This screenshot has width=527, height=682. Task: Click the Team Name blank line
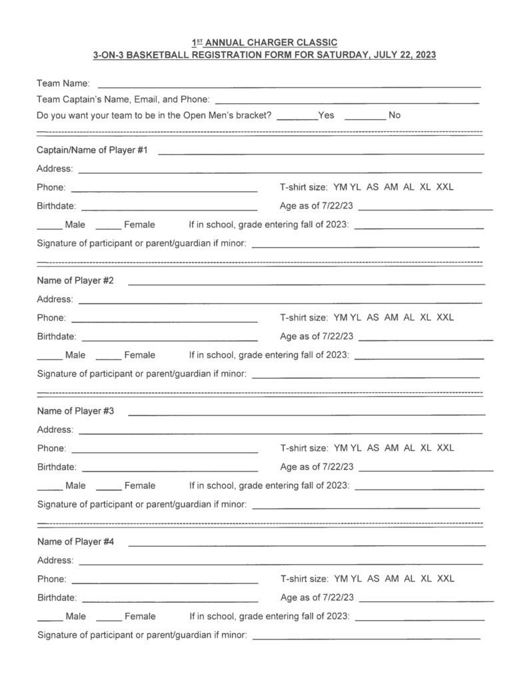289,86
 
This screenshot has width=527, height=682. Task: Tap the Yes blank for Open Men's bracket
296,118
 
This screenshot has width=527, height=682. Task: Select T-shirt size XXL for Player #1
445,187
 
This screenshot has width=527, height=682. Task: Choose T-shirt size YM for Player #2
340,318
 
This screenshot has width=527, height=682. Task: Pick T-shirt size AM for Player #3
392,448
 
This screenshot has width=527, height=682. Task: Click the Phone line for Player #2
164,321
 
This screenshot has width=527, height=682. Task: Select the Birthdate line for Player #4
170,601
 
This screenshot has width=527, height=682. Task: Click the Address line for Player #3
280,433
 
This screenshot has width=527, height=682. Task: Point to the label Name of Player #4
75,542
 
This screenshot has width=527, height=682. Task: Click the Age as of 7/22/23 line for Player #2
425,340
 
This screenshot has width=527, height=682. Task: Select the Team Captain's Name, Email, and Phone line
347,103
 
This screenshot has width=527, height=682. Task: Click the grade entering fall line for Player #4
420,619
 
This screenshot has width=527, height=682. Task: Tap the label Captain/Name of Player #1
92,151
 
